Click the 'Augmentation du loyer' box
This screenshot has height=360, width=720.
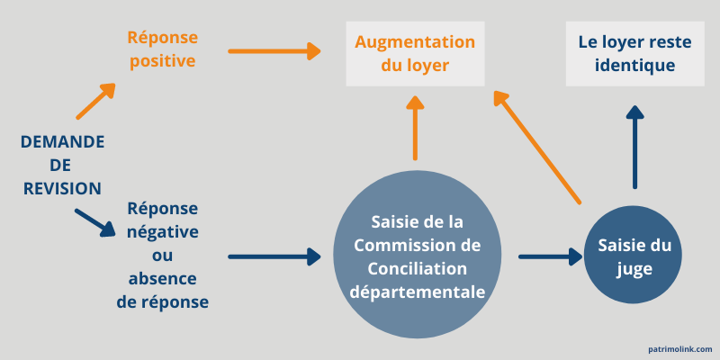pos(415,54)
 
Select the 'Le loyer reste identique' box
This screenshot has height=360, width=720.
pos(634,54)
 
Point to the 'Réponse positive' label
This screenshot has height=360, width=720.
pos(161,49)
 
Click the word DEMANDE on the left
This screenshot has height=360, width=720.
pos(62,142)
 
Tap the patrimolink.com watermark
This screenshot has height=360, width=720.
pos(679,348)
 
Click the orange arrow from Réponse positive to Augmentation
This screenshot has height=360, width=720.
pos(274,51)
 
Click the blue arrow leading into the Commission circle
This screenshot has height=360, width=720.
pos(274,257)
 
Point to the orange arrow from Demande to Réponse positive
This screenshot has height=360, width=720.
pos(96,101)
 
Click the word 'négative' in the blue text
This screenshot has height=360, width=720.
pos(163,232)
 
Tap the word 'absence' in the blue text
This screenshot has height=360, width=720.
pos(163,279)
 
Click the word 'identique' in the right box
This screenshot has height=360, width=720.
pos(634,67)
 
